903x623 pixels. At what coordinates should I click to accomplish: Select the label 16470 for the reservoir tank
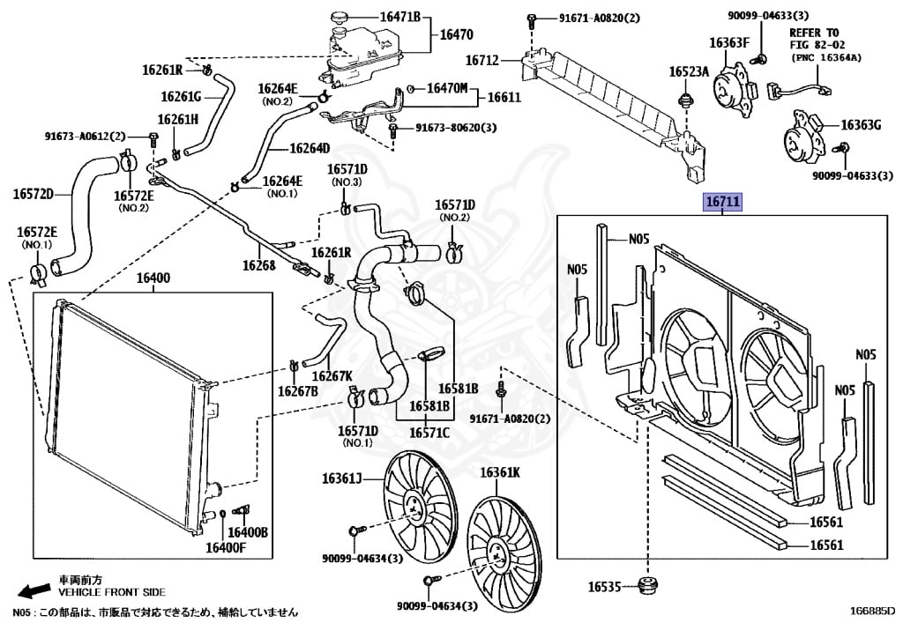point(457,36)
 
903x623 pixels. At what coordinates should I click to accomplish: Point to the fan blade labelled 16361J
point(413,507)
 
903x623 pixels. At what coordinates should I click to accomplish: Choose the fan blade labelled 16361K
point(500,546)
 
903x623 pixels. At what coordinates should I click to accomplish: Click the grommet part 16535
point(651,586)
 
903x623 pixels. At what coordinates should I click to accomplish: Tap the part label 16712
point(482,61)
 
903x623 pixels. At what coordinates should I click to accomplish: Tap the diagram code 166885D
point(872,610)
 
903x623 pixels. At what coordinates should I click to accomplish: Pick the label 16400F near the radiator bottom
point(226,548)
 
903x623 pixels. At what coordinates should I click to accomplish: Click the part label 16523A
point(687,71)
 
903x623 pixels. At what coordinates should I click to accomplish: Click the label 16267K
point(328,375)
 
